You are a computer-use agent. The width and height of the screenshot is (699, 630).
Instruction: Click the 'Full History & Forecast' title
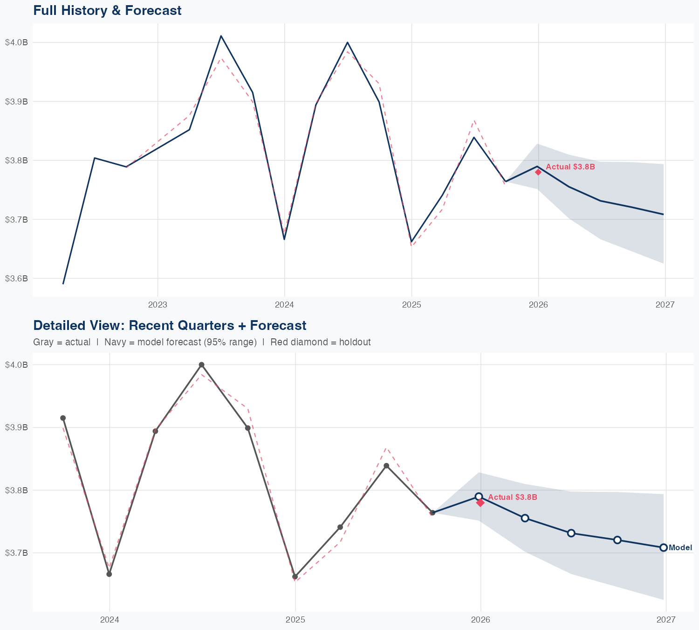point(107,10)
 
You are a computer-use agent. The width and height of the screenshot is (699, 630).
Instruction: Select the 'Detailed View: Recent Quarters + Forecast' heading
point(170,325)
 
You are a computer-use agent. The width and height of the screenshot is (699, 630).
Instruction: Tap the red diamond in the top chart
point(538,172)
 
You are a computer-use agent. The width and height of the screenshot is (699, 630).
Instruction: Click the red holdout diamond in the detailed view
point(480,503)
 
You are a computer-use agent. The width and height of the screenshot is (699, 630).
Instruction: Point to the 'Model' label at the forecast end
point(680,548)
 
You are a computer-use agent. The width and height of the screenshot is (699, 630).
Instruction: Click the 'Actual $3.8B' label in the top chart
point(570,167)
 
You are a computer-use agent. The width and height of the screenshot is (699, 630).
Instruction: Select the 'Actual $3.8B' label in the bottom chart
point(513,497)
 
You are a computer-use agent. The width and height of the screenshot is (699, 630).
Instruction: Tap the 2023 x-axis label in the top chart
point(158,305)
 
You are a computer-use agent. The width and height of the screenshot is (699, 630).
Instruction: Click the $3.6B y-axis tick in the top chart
point(16,279)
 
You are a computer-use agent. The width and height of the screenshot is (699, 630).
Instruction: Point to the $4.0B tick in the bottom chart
point(16,364)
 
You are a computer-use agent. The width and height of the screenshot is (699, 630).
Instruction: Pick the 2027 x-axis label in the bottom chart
point(666,620)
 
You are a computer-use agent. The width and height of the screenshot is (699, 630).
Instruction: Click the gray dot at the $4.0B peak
point(201,364)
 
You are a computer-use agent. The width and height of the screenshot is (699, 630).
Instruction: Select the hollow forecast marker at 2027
point(664,547)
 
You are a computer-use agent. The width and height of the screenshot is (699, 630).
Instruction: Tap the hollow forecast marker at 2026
point(479,497)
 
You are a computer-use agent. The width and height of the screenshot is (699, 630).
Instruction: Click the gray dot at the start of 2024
point(109,574)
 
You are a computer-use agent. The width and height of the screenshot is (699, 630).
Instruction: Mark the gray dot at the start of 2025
point(295,577)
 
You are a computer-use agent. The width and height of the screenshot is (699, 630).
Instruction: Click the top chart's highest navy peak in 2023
point(221,36)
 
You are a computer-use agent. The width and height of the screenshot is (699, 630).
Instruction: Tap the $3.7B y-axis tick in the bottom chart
point(16,553)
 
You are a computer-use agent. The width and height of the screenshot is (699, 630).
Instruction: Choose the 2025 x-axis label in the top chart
point(411,305)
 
